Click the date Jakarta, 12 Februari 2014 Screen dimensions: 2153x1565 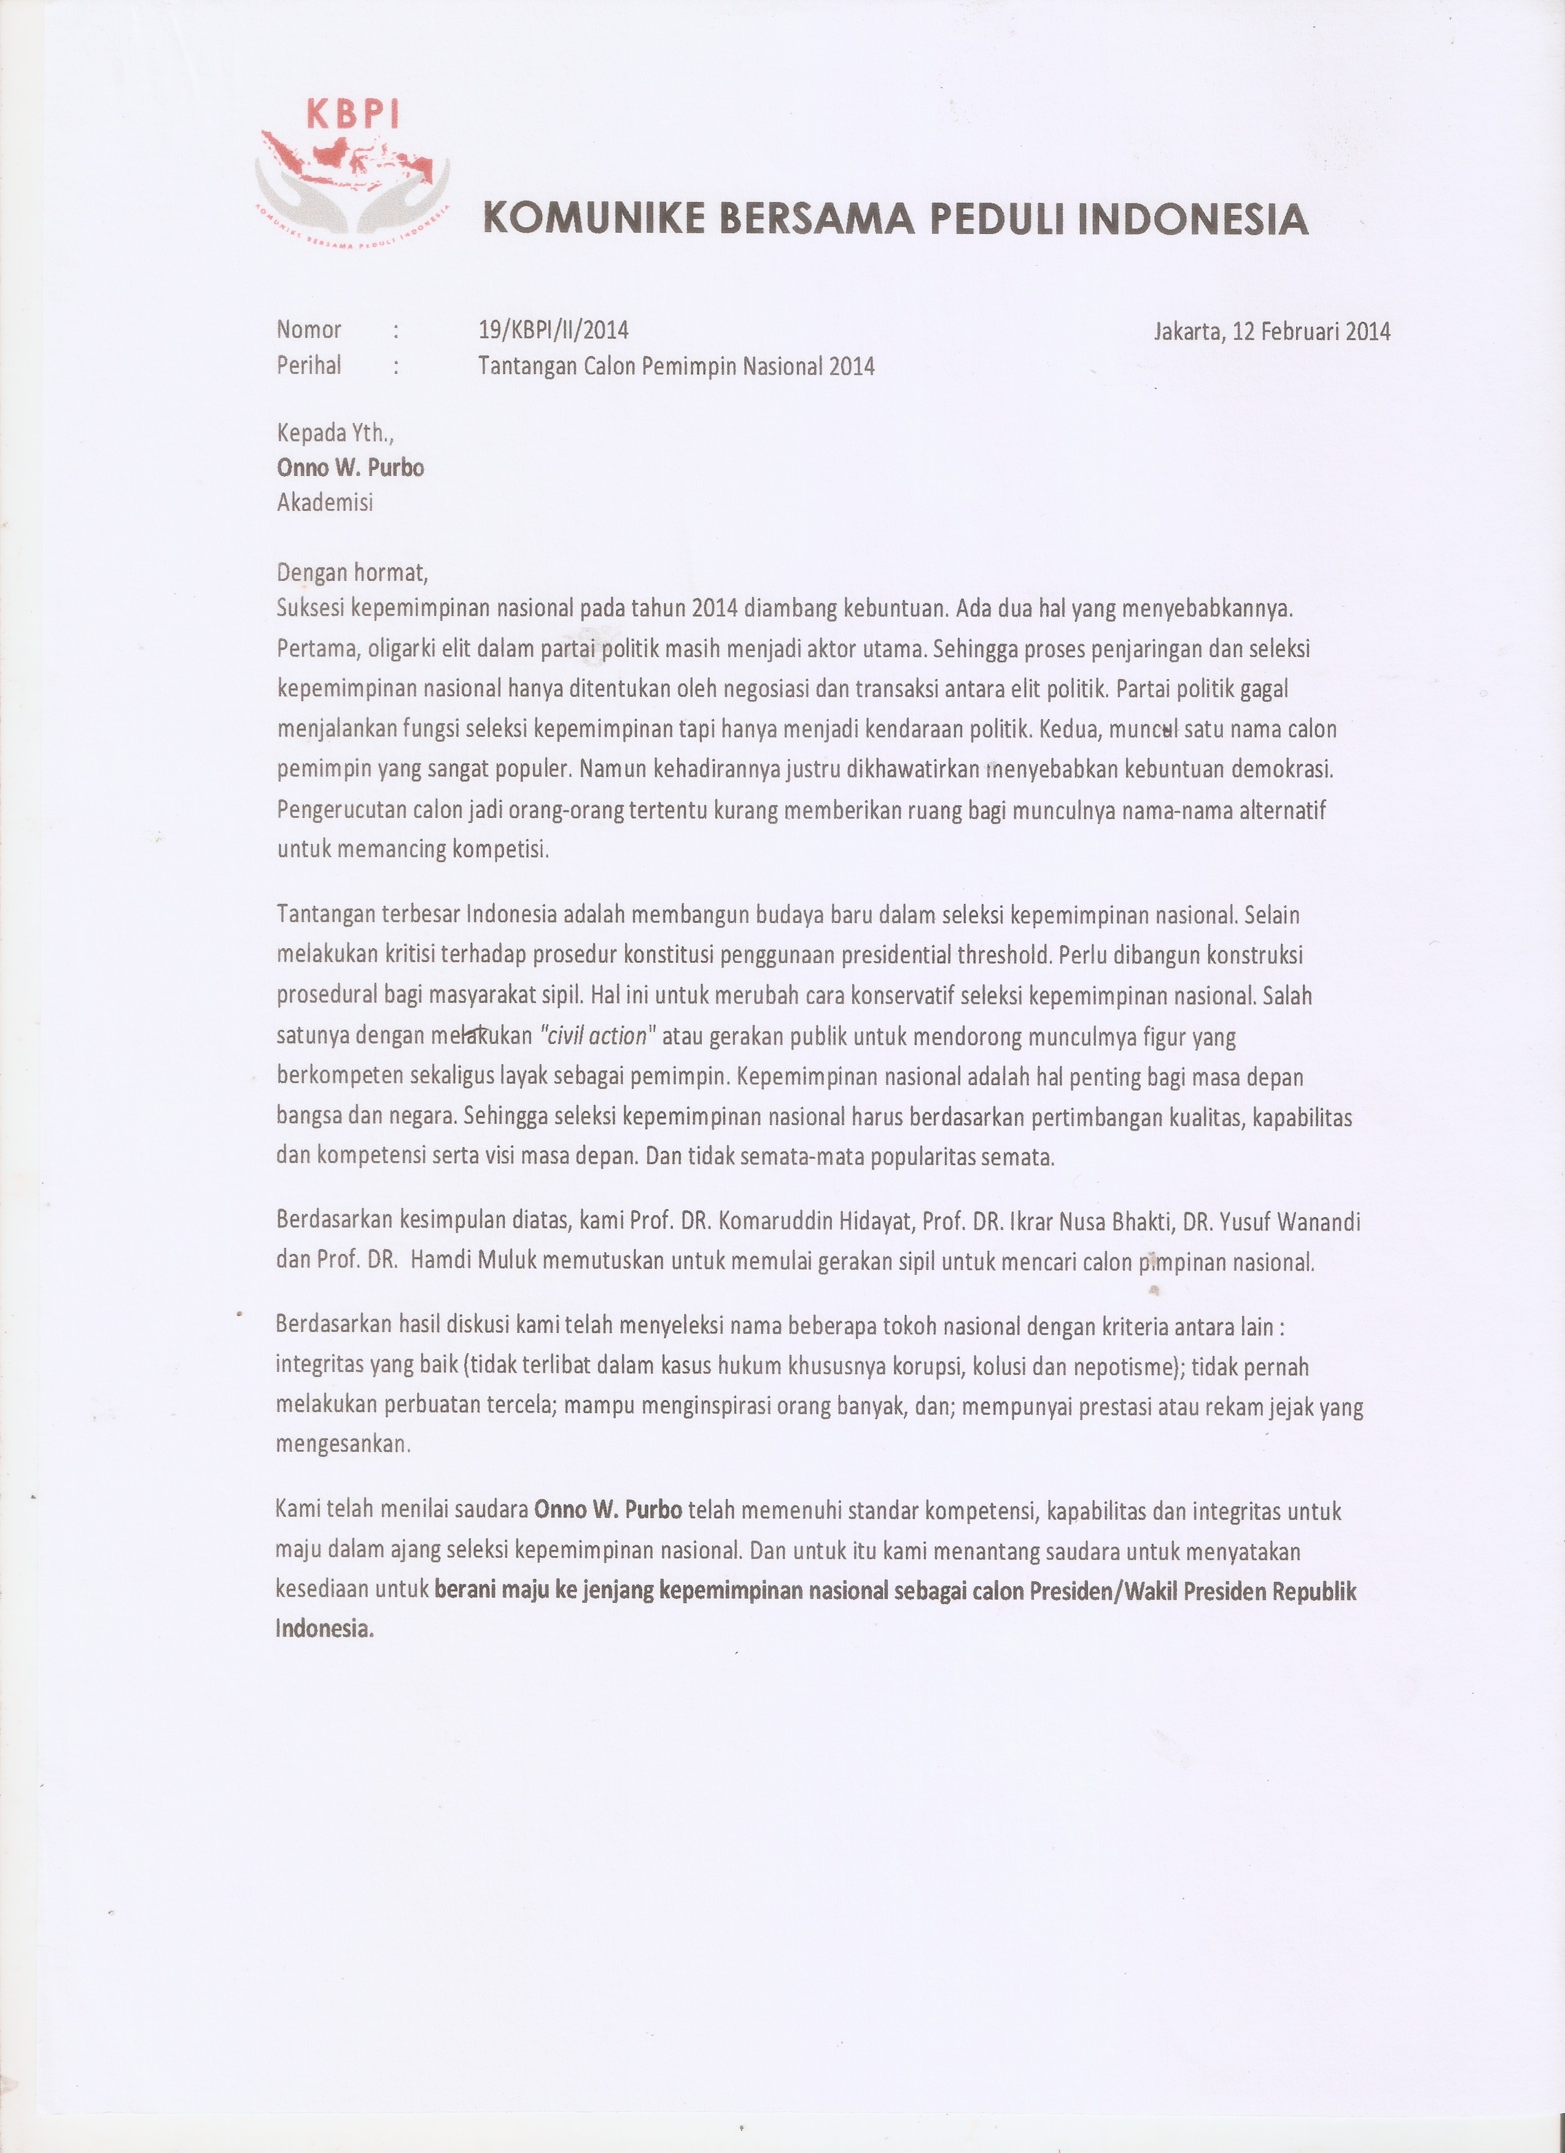pyautogui.click(x=1272, y=332)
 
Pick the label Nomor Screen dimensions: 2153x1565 pyautogui.click(x=308, y=330)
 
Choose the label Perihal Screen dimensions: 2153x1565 pyautogui.click(x=308, y=365)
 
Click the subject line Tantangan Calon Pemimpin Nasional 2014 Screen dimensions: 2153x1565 pyautogui.click(x=676, y=367)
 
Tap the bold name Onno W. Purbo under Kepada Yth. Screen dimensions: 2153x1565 pyautogui.click(x=350, y=467)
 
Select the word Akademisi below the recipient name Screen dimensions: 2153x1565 pyautogui.click(x=325, y=502)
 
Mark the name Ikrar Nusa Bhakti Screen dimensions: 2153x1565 pyautogui.click(x=1092, y=1222)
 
